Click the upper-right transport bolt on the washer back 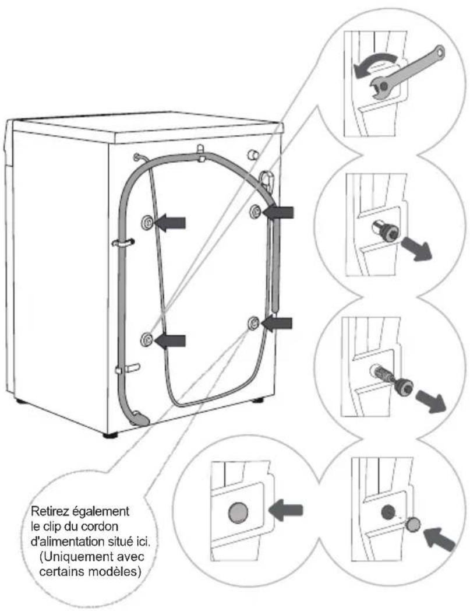click(256, 210)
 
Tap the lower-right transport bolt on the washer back click(253, 323)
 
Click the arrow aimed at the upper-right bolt click(278, 212)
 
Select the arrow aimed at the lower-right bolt click(277, 323)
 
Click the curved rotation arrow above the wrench click(376, 63)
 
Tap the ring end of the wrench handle click(439, 51)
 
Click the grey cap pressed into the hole click(238, 512)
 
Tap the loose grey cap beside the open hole click(413, 525)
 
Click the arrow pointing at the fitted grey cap click(285, 511)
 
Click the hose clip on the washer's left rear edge click(123, 243)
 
